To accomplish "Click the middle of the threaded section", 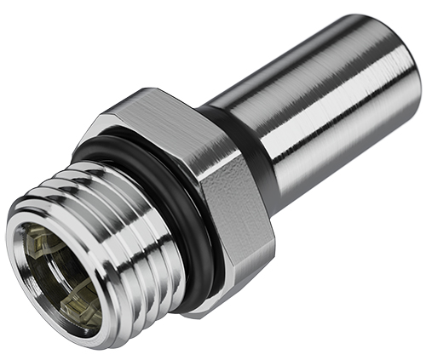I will point(111,213).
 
